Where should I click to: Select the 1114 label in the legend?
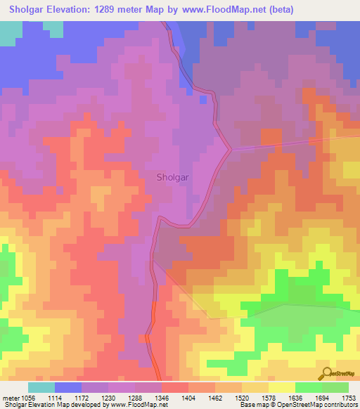68,398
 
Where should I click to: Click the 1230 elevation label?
122,398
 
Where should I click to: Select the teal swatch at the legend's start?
41,387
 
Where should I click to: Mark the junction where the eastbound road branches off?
231,148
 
